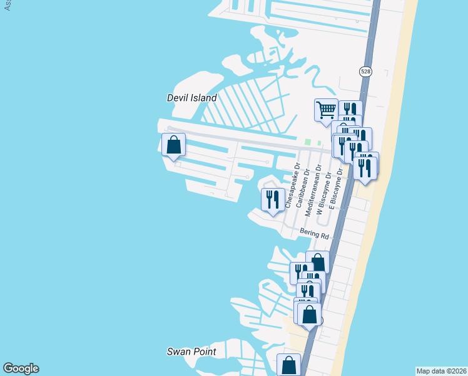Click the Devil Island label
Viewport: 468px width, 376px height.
coord(191,98)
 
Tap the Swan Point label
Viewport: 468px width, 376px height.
coord(191,352)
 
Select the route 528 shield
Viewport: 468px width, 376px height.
coord(365,72)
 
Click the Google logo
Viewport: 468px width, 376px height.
coord(21,368)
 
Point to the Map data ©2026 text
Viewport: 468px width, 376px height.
coord(441,371)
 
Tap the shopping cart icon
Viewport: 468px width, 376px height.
coord(326,110)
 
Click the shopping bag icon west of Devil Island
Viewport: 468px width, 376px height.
coord(173,144)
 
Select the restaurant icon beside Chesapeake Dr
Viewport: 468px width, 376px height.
coord(273,199)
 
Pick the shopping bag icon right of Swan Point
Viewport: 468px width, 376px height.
coord(288,364)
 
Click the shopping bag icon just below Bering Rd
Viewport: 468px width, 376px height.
coord(318,261)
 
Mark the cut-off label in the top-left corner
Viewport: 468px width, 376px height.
coord(8,5)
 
